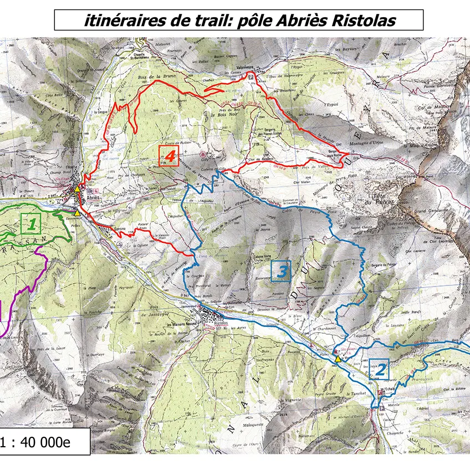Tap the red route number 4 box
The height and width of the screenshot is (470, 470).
coord(170,156)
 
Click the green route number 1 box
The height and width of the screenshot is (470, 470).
coord(32,224)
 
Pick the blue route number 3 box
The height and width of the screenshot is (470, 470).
coord(282,271)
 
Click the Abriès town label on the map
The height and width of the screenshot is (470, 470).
coord(93,197)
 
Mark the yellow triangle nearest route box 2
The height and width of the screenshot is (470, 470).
coord(338,359)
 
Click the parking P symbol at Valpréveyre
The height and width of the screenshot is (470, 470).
coord(251,76)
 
